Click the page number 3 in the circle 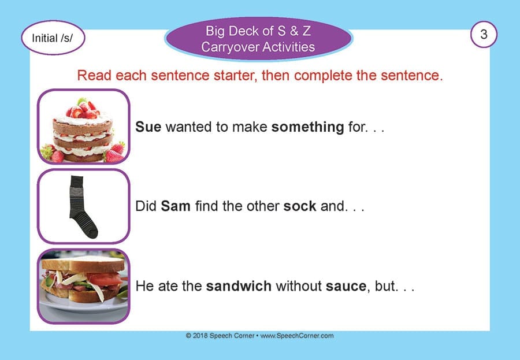(484, 34)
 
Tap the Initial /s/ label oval (53, 38)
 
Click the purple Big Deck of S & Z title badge (258, 39)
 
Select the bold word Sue (148, 127)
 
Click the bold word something (308, 127)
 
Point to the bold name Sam (176, 206)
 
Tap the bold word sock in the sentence (300, 206)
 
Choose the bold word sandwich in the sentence (239, 286)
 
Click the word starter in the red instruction (235, 76)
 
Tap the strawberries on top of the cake (83, 109)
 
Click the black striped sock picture (82, 206)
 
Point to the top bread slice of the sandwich (84, 264)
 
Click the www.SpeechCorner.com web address (297, 336)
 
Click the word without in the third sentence (299, 286)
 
